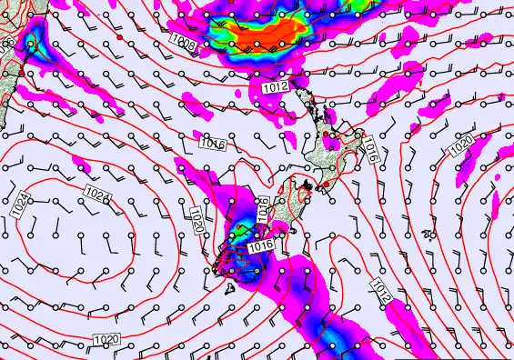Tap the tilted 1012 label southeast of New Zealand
(383, 289)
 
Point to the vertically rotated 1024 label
(22, 205)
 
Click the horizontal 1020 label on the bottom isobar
(106, 339)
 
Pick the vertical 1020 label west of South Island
(197, 218)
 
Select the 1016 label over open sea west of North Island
(212, 143)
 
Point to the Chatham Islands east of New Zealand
(428, 234)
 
